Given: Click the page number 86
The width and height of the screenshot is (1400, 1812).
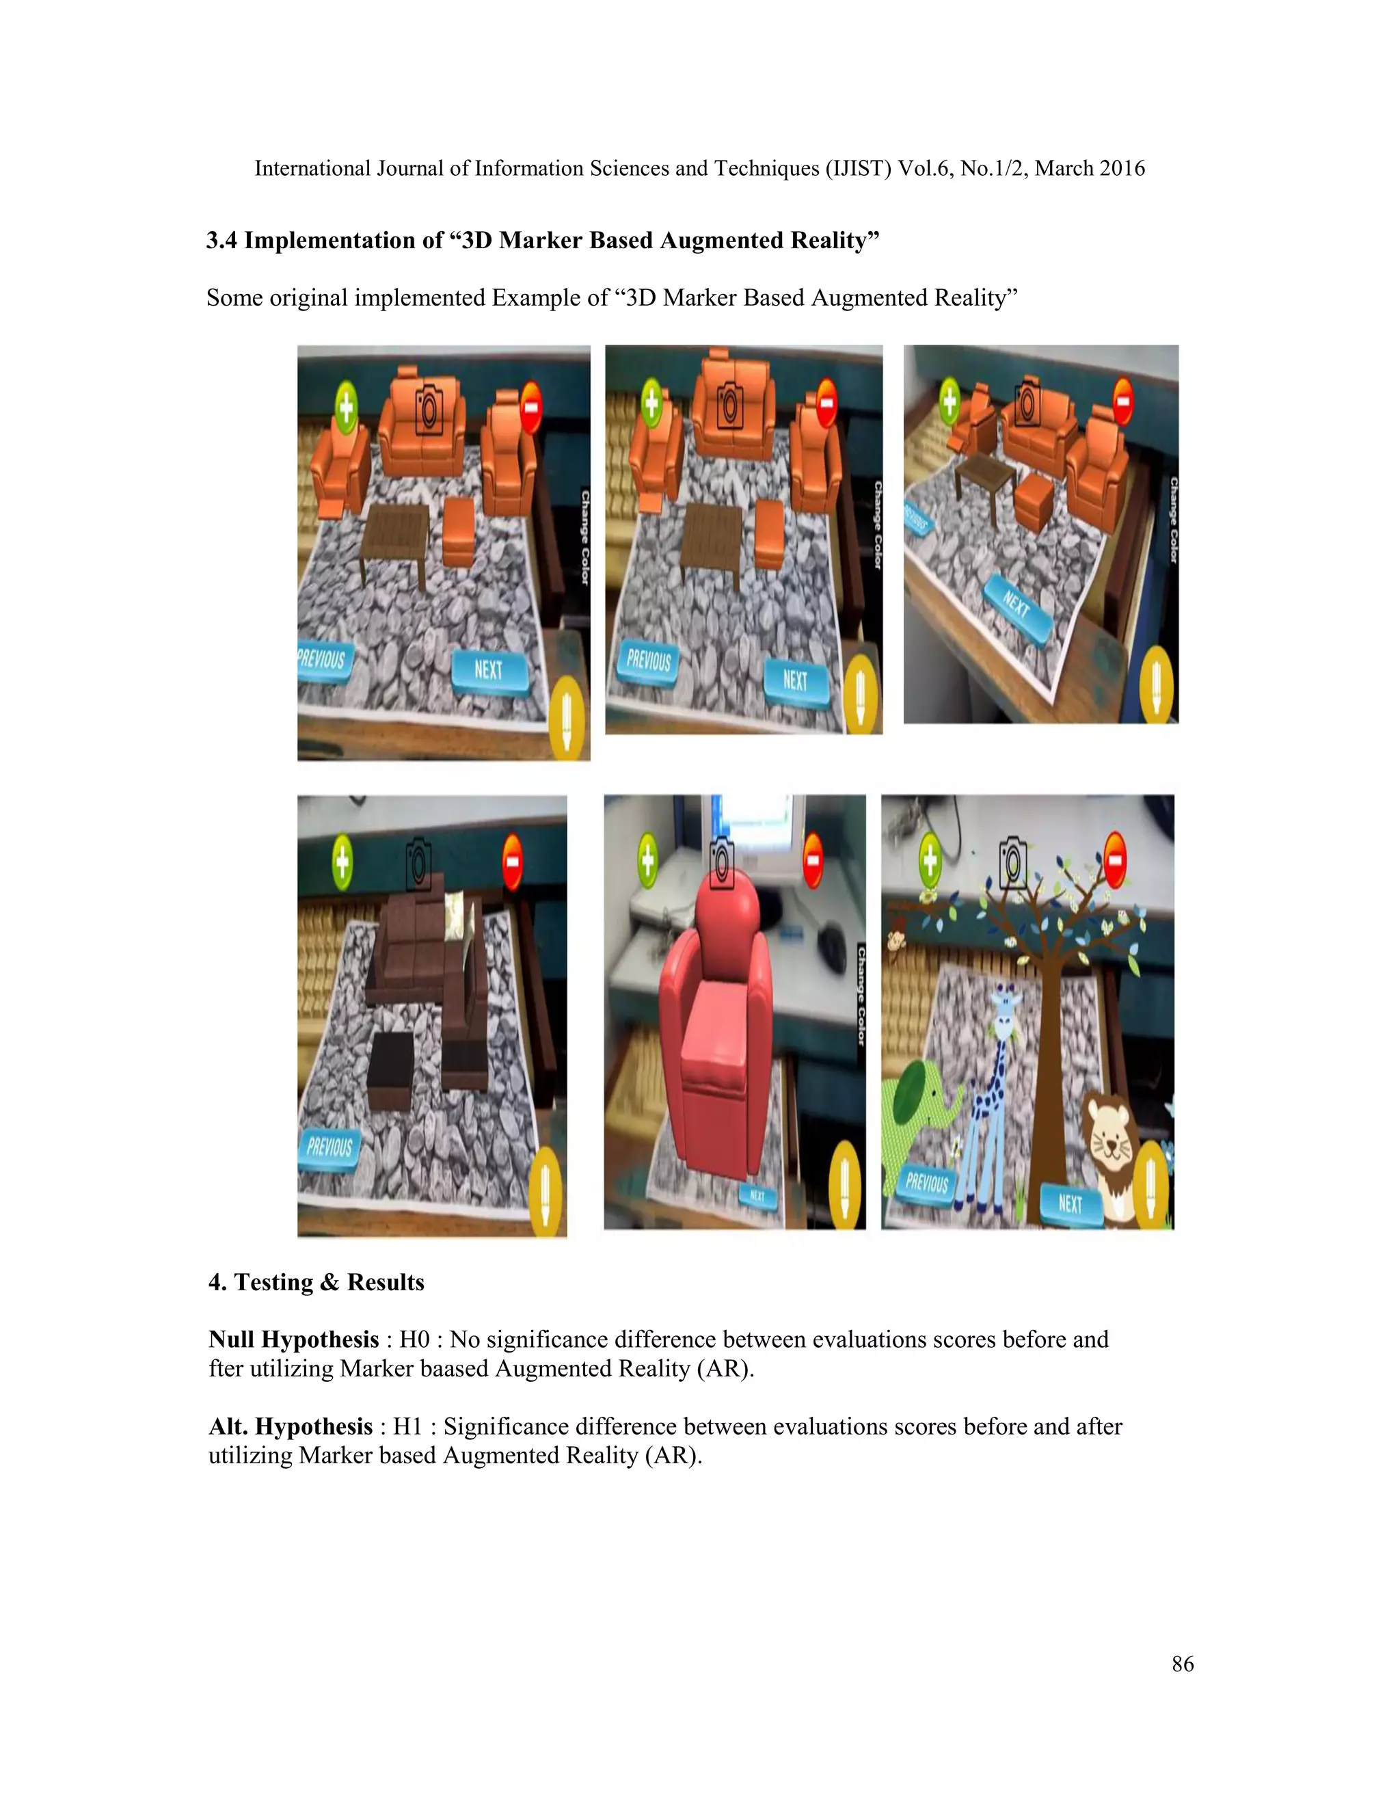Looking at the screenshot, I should click(x=1183, y=1664).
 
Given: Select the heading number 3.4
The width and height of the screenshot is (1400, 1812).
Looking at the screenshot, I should click(x=221, y=241).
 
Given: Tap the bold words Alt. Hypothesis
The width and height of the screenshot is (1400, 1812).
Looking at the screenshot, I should click(x=291, y=1426).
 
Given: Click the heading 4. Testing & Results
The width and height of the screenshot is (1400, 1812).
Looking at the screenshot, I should click(x=316, y=1282).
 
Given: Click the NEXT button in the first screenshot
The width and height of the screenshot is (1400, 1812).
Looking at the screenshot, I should click(x=489, y=669).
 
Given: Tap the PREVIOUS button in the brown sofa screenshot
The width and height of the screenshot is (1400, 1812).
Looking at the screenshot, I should click(x=329, y=1147).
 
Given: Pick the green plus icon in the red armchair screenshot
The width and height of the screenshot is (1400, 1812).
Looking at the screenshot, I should click(x=647, y=860).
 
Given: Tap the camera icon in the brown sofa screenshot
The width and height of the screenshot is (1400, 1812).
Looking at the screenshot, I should click(x=418, y=862).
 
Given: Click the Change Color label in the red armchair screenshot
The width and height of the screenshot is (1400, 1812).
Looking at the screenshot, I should click(x=861, y=995).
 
